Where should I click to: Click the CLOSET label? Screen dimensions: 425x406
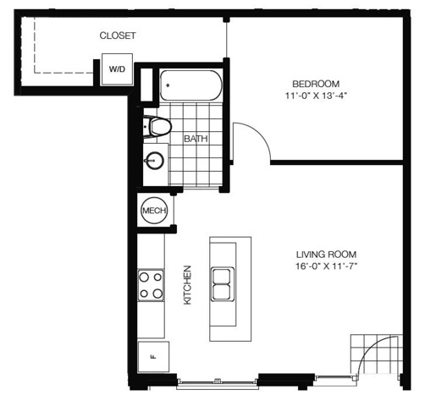tap(118, 36)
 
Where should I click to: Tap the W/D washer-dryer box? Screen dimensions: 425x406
tap(117, 69)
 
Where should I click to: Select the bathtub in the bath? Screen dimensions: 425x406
tap(191, 85)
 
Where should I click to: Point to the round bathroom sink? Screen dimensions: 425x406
tap(154, 161)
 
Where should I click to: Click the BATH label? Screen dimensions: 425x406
tap(196, 139)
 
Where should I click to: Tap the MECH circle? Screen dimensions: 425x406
tap(154, 211)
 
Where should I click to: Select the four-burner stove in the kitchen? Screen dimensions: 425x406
tap(151, 285)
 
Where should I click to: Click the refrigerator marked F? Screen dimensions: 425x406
tap(153, 357)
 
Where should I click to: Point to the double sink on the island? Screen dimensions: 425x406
tap(222, 284)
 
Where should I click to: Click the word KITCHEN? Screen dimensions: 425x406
tap(187, 285)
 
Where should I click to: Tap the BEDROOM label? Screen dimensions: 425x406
tap(316, 84)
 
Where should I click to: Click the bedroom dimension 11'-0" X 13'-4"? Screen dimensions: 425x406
tap(316, 96)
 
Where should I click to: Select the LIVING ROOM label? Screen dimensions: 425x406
tap(326, 255)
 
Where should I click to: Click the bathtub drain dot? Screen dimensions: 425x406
tap(168, 85)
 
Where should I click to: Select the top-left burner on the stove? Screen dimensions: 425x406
tap(144, 277)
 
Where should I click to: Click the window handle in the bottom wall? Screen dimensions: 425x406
tap(218, 381)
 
